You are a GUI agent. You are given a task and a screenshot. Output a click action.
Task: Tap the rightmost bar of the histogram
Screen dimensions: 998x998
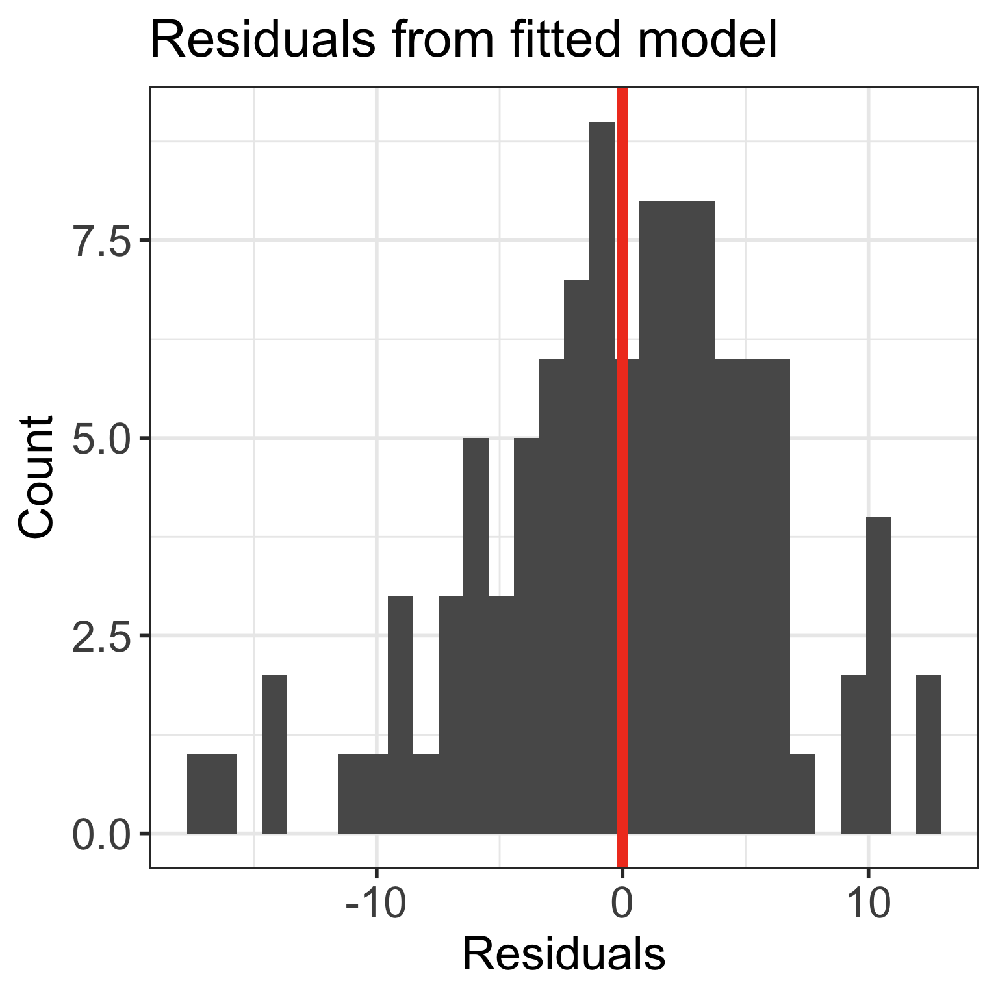click(x=928, y=754)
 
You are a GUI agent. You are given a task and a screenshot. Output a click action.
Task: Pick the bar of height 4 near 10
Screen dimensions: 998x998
click(x=878, y=676)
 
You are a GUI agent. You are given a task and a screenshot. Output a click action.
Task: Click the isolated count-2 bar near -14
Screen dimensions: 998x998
click(x=275, y=754)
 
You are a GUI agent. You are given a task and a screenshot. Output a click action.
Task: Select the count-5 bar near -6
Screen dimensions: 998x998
click(x=476, y=637)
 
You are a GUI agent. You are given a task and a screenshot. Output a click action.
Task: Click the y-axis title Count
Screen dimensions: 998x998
click(x=36, y=478)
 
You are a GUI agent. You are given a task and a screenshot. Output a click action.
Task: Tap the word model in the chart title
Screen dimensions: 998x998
click(x=709, y=40)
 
